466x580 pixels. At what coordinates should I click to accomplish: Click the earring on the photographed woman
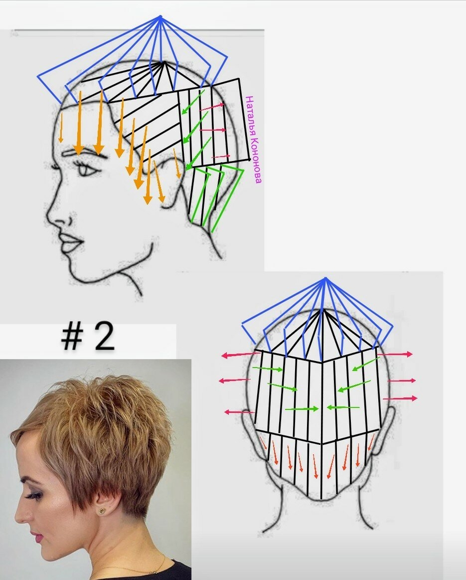(102, 511)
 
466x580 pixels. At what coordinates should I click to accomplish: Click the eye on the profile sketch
(87, 171)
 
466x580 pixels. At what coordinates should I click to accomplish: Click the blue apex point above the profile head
(160, 16)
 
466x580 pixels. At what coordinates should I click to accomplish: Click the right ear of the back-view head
(385, 429)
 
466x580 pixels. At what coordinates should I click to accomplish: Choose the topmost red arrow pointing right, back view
(394, 354)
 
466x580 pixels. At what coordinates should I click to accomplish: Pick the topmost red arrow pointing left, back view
(241, 355)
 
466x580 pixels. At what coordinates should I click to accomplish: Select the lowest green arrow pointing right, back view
(301, 408)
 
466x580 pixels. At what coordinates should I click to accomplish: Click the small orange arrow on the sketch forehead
(61, 128)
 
